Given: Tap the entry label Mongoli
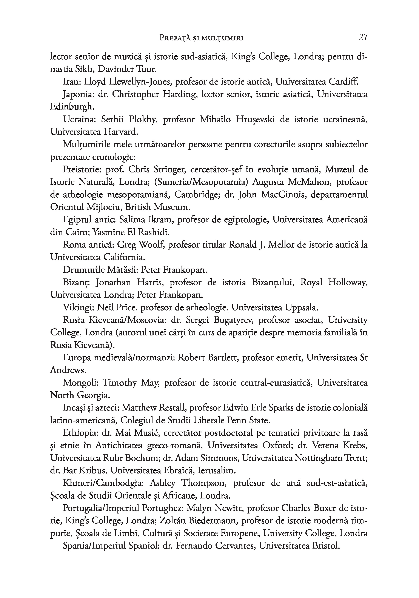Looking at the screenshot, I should pos(79,383).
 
